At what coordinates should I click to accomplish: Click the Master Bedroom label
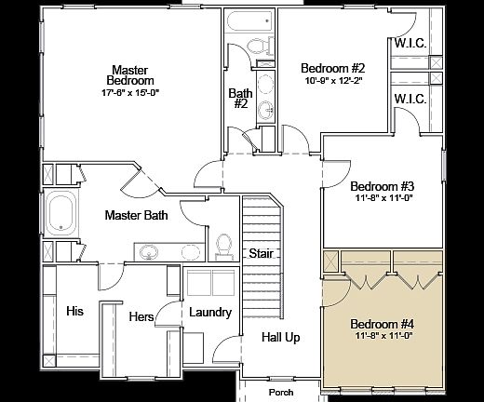(x=130, y=75)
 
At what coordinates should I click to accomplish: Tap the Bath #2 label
(x=239, y=99)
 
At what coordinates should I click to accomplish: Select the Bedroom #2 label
(x=332, y=68)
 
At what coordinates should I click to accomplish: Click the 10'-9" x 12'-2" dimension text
(x=332, y=80)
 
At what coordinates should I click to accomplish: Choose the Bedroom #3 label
(x=381, y=185)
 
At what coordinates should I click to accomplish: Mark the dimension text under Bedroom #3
(x=381, y=197)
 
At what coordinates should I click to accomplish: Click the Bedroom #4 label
(x=382, y=324)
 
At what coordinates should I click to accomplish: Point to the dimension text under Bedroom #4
(x=382, y=336)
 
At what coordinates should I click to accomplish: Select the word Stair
(x=260, y=253)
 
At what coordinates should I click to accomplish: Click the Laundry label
(x=209, y=312)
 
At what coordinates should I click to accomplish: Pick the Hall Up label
(x=280, y=337)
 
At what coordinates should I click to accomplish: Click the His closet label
(x=74, y=311)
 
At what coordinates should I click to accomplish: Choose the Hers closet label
(x=141, y=317)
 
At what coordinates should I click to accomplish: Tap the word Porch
(x=280, y=392)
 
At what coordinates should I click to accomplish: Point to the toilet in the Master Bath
(x=223, y=244)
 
